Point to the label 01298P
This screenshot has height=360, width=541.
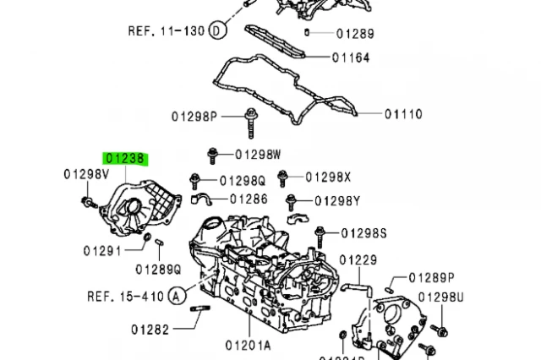(194, 115)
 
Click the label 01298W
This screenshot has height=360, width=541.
(258, 154)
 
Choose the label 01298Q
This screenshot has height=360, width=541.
(243, 180)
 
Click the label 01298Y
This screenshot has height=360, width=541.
(337, 200)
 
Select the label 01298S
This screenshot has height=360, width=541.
(364, 232)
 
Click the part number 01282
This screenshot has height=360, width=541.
(150, 329)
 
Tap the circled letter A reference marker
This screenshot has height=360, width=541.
(176, 296)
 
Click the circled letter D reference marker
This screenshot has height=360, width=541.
(217, 31)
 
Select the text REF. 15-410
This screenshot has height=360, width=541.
(124, 296)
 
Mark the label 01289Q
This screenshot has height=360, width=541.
(159, 270)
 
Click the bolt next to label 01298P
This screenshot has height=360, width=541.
(251, 121)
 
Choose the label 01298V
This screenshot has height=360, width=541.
(86, 174)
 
